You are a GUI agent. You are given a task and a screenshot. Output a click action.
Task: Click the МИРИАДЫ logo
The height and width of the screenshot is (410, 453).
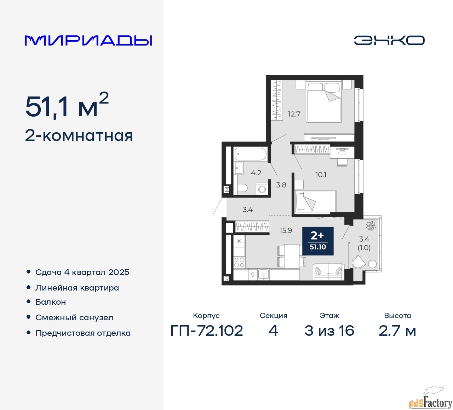88,40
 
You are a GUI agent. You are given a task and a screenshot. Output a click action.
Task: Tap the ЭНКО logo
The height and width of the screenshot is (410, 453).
389,40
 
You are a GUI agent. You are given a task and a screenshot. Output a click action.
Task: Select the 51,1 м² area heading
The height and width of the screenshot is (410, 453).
67,106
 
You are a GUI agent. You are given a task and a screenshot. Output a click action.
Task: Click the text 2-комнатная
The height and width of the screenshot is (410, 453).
79,136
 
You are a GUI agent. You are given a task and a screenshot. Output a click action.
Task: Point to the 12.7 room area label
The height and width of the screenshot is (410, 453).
294,114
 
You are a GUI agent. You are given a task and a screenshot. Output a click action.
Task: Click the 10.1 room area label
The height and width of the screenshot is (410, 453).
321,175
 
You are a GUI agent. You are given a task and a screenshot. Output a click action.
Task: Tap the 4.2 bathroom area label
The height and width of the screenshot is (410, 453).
256,173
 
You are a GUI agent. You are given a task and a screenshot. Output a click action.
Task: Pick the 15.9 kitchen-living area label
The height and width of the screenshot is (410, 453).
286,230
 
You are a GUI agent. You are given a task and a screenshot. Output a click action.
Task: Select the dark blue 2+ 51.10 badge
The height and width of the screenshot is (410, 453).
318,241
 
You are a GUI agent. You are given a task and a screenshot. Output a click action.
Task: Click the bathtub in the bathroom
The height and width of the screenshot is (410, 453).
251,154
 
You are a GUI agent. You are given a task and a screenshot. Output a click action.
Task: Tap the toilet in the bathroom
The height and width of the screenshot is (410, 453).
242,188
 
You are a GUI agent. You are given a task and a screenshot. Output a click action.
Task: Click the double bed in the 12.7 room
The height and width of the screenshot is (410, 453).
324,102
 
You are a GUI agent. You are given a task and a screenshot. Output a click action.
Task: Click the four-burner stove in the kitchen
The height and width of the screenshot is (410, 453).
239,262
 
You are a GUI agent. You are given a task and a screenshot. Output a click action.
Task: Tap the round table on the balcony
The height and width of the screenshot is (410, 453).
372,264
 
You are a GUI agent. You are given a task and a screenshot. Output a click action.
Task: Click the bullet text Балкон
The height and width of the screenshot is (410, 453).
51,302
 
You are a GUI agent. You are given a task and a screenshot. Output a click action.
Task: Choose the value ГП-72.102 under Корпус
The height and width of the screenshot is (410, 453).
207,331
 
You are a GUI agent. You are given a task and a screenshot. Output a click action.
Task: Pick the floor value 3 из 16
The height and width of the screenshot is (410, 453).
329,331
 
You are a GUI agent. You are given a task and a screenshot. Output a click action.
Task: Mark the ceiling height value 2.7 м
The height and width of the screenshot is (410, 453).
397,331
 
